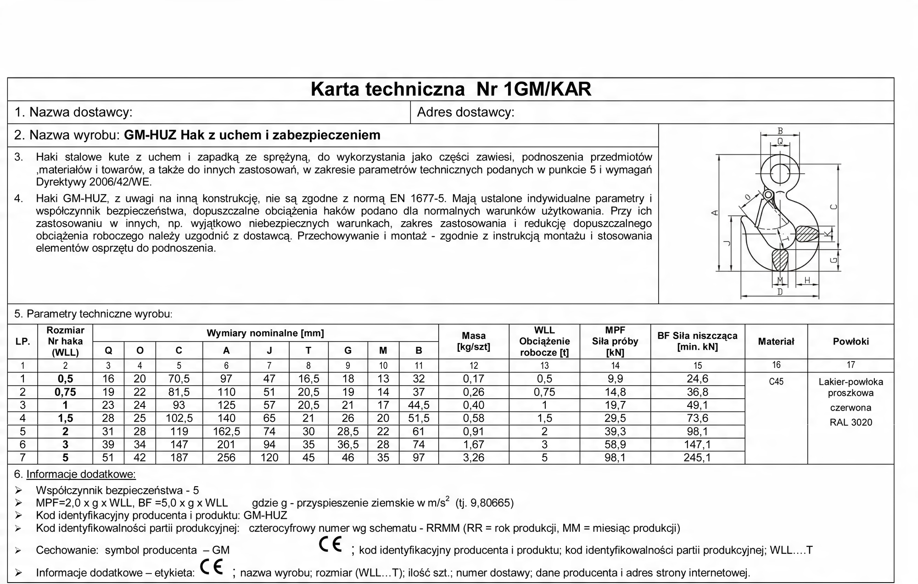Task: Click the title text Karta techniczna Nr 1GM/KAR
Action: click(451, 89)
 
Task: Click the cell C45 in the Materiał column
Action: click(776, 381)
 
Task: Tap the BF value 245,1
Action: click(697, 457)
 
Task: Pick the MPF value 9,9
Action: click(615, 379)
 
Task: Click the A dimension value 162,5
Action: click(226, 431)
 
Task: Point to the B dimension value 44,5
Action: click(418, 405)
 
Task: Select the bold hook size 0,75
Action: click(65, 392)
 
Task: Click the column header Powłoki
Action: click(851, 341)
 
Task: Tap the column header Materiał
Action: click(776, 341)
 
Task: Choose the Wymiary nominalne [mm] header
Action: click(265, 333)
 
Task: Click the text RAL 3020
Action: click(851, 423)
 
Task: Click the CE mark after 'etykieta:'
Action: click(212, 568)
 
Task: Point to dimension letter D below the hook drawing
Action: click(780, 292)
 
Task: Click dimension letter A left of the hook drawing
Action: click(714, 212)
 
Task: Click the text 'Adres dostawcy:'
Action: click(465, 112)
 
